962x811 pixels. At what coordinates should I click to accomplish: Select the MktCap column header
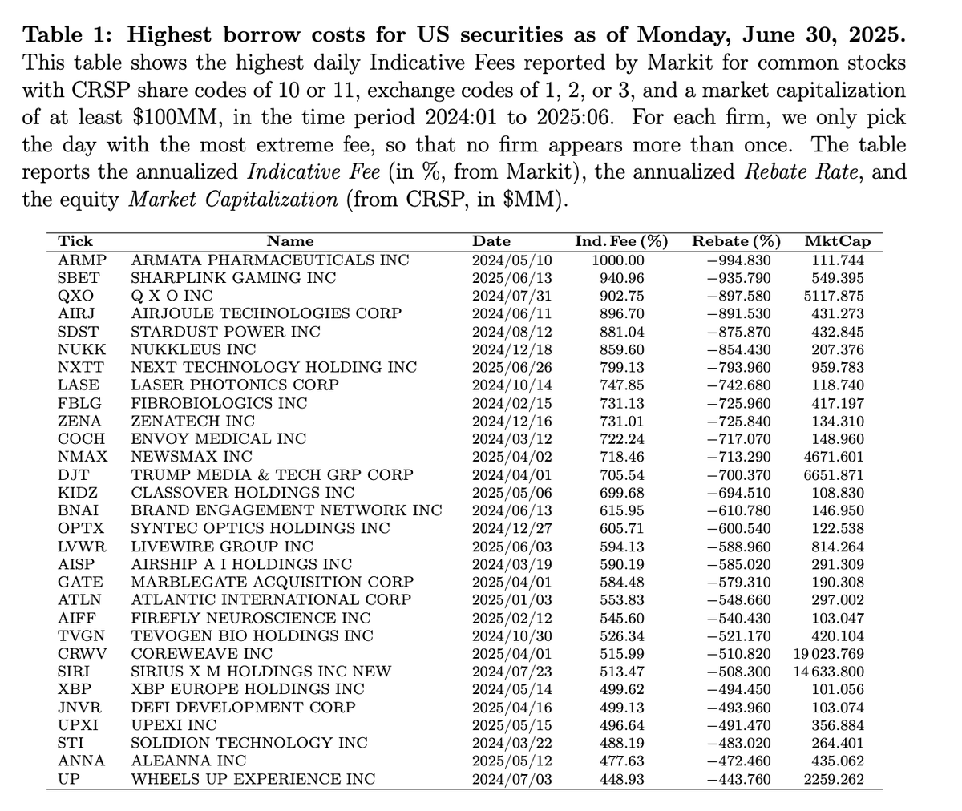(837, 241)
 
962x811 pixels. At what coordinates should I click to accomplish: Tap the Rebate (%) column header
(736, 241)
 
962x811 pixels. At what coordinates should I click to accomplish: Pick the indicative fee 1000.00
(618, 260)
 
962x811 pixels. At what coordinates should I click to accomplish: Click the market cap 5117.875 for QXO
(839, 296)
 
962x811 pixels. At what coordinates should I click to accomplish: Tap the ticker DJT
(73, 474)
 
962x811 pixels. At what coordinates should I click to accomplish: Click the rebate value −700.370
(738, 474)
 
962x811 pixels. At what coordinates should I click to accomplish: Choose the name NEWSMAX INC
(192, 457)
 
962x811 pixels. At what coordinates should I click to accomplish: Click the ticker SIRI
(75, 672)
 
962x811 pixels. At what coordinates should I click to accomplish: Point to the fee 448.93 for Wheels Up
(622, 778)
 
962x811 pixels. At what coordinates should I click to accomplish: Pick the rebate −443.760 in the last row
(738, 778)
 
